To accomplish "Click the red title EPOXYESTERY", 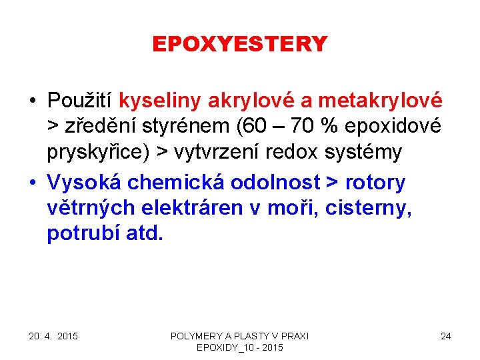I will (240, 44).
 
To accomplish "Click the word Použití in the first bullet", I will (81, 101).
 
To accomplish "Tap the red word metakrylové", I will (380, 101).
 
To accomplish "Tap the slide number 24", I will (445, 336).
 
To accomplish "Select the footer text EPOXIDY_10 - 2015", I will (240, 348).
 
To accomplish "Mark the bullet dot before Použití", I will (32, 101).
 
